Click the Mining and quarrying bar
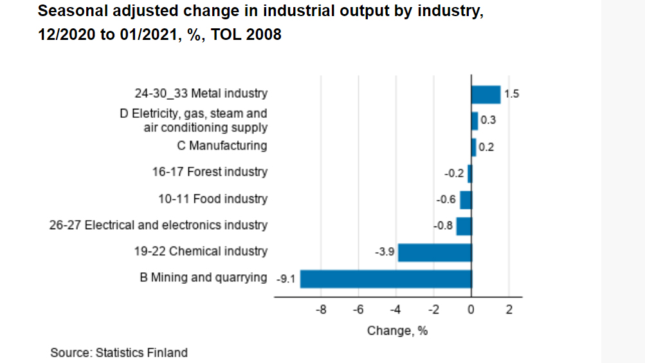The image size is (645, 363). pos(386,279)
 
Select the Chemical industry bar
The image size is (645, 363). pos(435,252)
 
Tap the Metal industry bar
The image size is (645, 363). pos(486,95)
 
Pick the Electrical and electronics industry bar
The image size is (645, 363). pos(464,226)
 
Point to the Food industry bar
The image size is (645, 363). pos(466,200)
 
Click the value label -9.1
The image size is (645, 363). pos(286,279)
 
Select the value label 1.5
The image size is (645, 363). pos(511,95)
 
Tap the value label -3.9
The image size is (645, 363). pos(384,252)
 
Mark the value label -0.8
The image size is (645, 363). pos(444,226)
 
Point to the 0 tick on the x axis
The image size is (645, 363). pos(471,311)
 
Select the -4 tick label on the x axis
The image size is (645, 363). pos(396,311)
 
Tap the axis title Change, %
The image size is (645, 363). pos(397,331)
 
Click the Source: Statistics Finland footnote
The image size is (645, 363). pos(119,353)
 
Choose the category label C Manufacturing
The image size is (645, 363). pos(222,146)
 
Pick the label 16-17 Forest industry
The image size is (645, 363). pos(210,172)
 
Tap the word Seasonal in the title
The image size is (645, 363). pos(69,11)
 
